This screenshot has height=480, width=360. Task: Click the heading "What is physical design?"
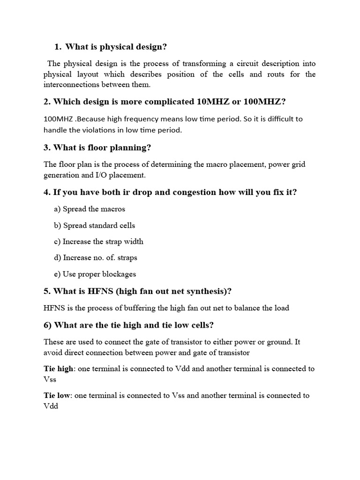point(116,46)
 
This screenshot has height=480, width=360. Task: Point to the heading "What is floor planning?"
point(102,148)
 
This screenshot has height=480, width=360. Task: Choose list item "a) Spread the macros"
point(90,209)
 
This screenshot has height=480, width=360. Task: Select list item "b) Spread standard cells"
point(94,225)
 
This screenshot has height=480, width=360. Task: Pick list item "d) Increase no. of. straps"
point(96,257)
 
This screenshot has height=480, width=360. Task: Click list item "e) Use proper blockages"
point(95,274)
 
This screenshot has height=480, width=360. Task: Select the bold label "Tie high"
point(59,368)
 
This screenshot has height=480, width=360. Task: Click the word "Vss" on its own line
point(50,379)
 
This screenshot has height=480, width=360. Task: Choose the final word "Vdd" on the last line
point(51,406)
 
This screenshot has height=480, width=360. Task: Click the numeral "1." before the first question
point(58,46)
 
